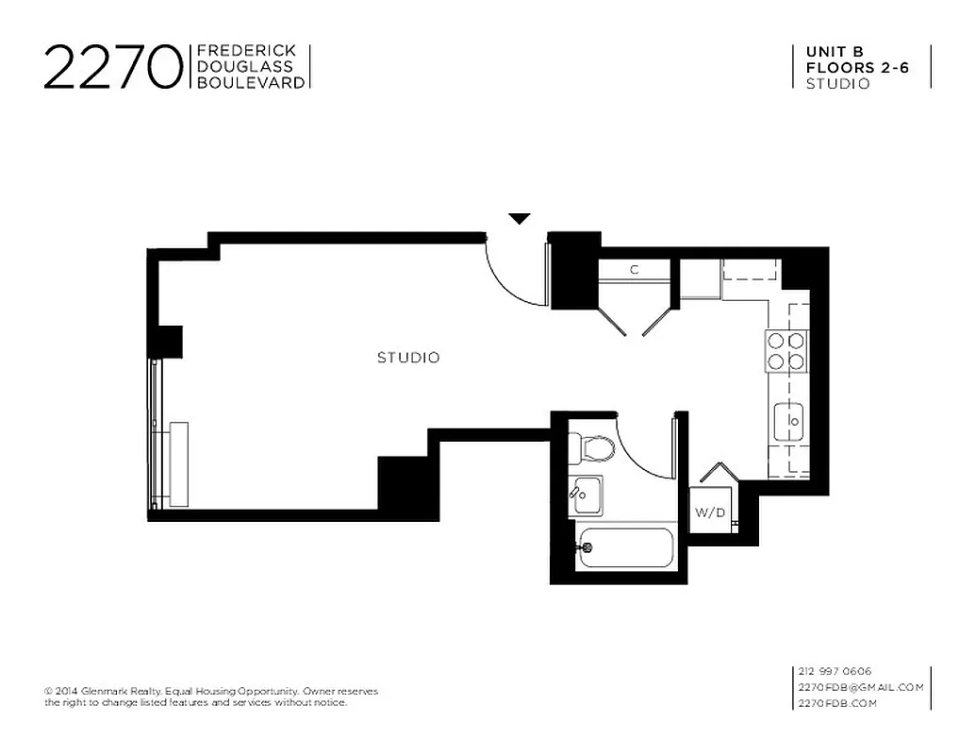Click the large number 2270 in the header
(x=111, y=66)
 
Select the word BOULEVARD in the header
(x=250, y=83)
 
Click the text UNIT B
(x=835, y=51)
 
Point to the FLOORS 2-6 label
(x=856, y=67)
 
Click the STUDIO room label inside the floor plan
(x=408, y=358)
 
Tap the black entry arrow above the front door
(x=520, y=219)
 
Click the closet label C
(x=635, y=270)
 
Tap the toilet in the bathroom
(x=592, y=447)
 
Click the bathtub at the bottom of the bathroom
(x=625, y=547)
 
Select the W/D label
(x=709, y=513)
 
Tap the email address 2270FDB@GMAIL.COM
(x=860, y=687)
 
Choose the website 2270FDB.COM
(x=837, y=703)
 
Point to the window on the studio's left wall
(x=156, y=434)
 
